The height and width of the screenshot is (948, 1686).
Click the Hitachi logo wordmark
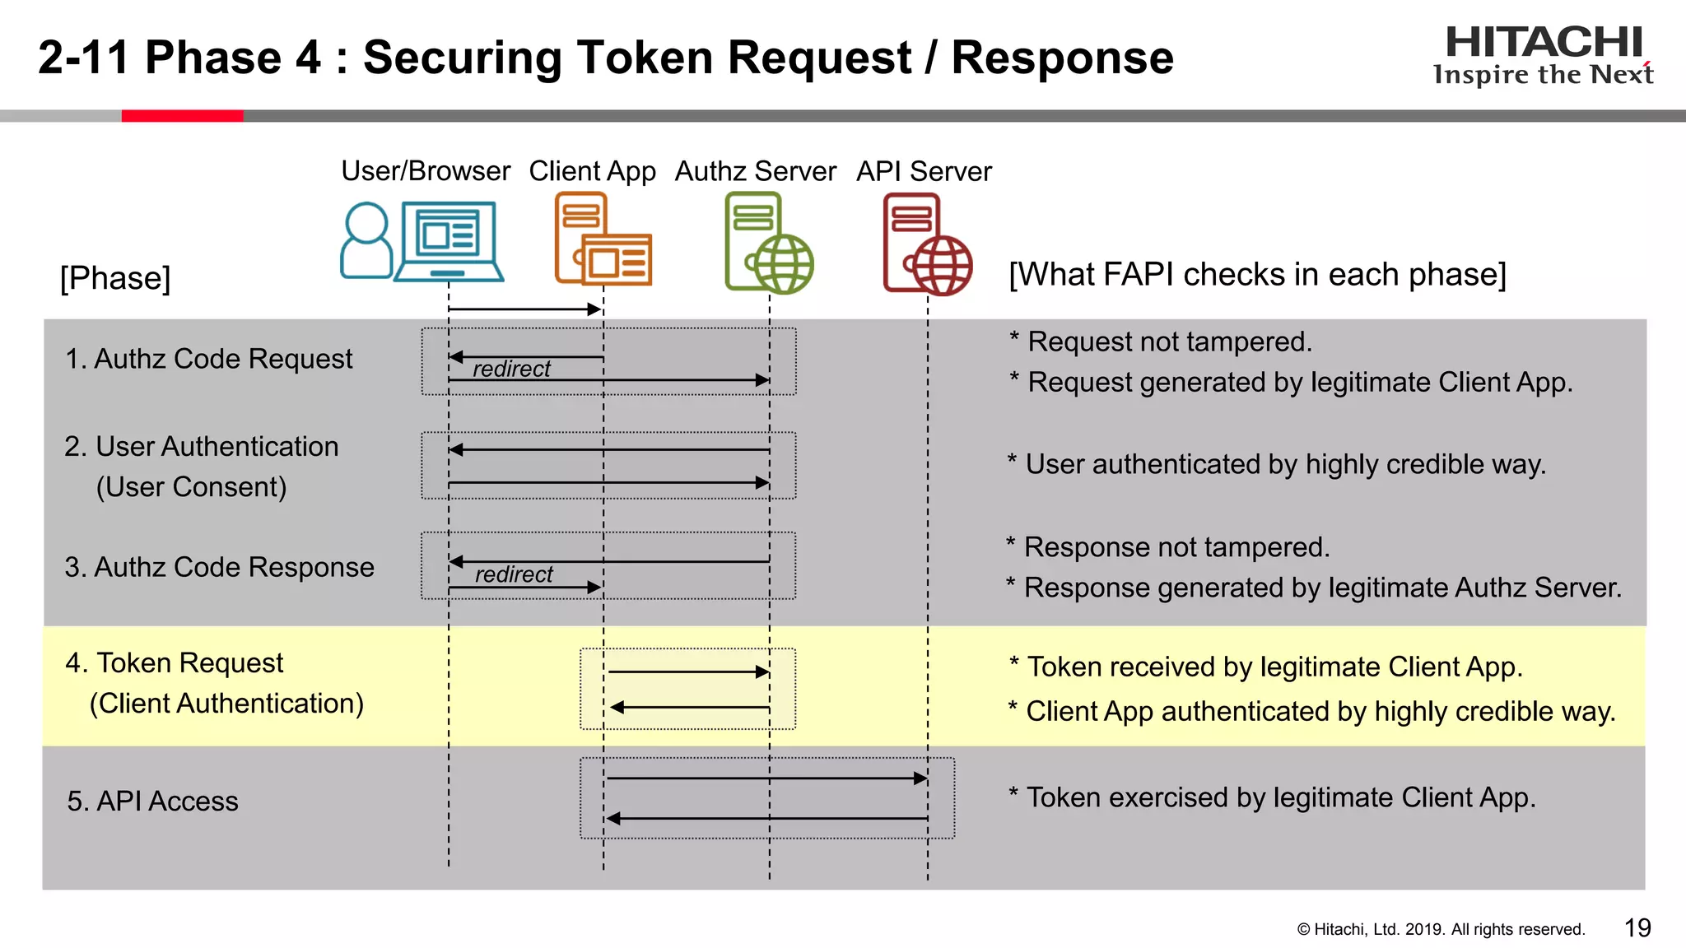pyautogui.click(x=1544, y=43)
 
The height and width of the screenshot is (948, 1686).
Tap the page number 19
pyautogui.click(x=1637, y=928)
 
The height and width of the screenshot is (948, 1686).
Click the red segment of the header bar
pyautogui.click(x=182, y=116)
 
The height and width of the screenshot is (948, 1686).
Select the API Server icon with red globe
pyautogui.click(x=927, y=244)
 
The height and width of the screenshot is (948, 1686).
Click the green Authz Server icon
pyautogui.click(x=768, y=243)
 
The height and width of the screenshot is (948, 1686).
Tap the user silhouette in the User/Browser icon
pyautogui.click(x=366, y=240)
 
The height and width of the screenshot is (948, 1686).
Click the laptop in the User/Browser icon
pyautogui.click(x=449, y=241)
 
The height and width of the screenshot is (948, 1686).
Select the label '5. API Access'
pyautogui.click(x=152, y=801)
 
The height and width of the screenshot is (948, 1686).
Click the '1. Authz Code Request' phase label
pyautogui.click(x=208, y=359)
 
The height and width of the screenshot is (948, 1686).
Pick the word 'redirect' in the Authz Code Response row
pyautogui.click(x=514, y=574)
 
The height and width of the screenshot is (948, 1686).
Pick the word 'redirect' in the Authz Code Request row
pyautogui.click(x=511, y=369)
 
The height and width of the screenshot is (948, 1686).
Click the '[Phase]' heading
pyautogui.click(x=115, y=278)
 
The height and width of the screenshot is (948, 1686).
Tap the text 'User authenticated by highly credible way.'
pyautogui.click(x=1284, y=464)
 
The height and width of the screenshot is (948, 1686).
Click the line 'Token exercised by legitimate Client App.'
pyautogui.click(x=1280, y=797)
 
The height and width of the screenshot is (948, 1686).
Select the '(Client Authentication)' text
pyautogui.click(x=226, y=704)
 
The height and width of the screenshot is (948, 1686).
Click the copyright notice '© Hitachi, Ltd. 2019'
pyautogui.click(x=1440, y=929)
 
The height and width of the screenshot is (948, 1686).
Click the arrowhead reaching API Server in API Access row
pyautogui.click(x=920, y=778)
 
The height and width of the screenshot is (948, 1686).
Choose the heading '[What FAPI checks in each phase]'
pyautogui.click(x=1257, y=274)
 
